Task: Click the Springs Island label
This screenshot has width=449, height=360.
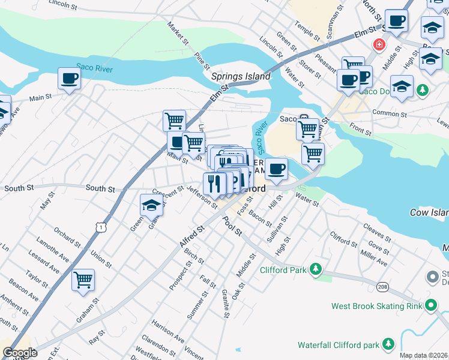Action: (241, 77)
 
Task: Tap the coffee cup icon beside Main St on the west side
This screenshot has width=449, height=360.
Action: (69, 79)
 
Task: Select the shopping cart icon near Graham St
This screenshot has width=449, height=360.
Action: (83, 280)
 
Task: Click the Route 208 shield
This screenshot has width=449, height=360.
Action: (383, 287)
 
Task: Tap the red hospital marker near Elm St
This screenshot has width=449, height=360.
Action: (379, 44)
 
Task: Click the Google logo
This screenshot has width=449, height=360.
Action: (20, 353)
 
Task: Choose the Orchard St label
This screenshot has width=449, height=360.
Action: (66, 236)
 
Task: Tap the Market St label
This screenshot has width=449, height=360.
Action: (179, 36)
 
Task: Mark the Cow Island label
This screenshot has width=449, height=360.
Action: (429, 213)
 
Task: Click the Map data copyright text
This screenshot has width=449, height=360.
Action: (424, 355)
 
